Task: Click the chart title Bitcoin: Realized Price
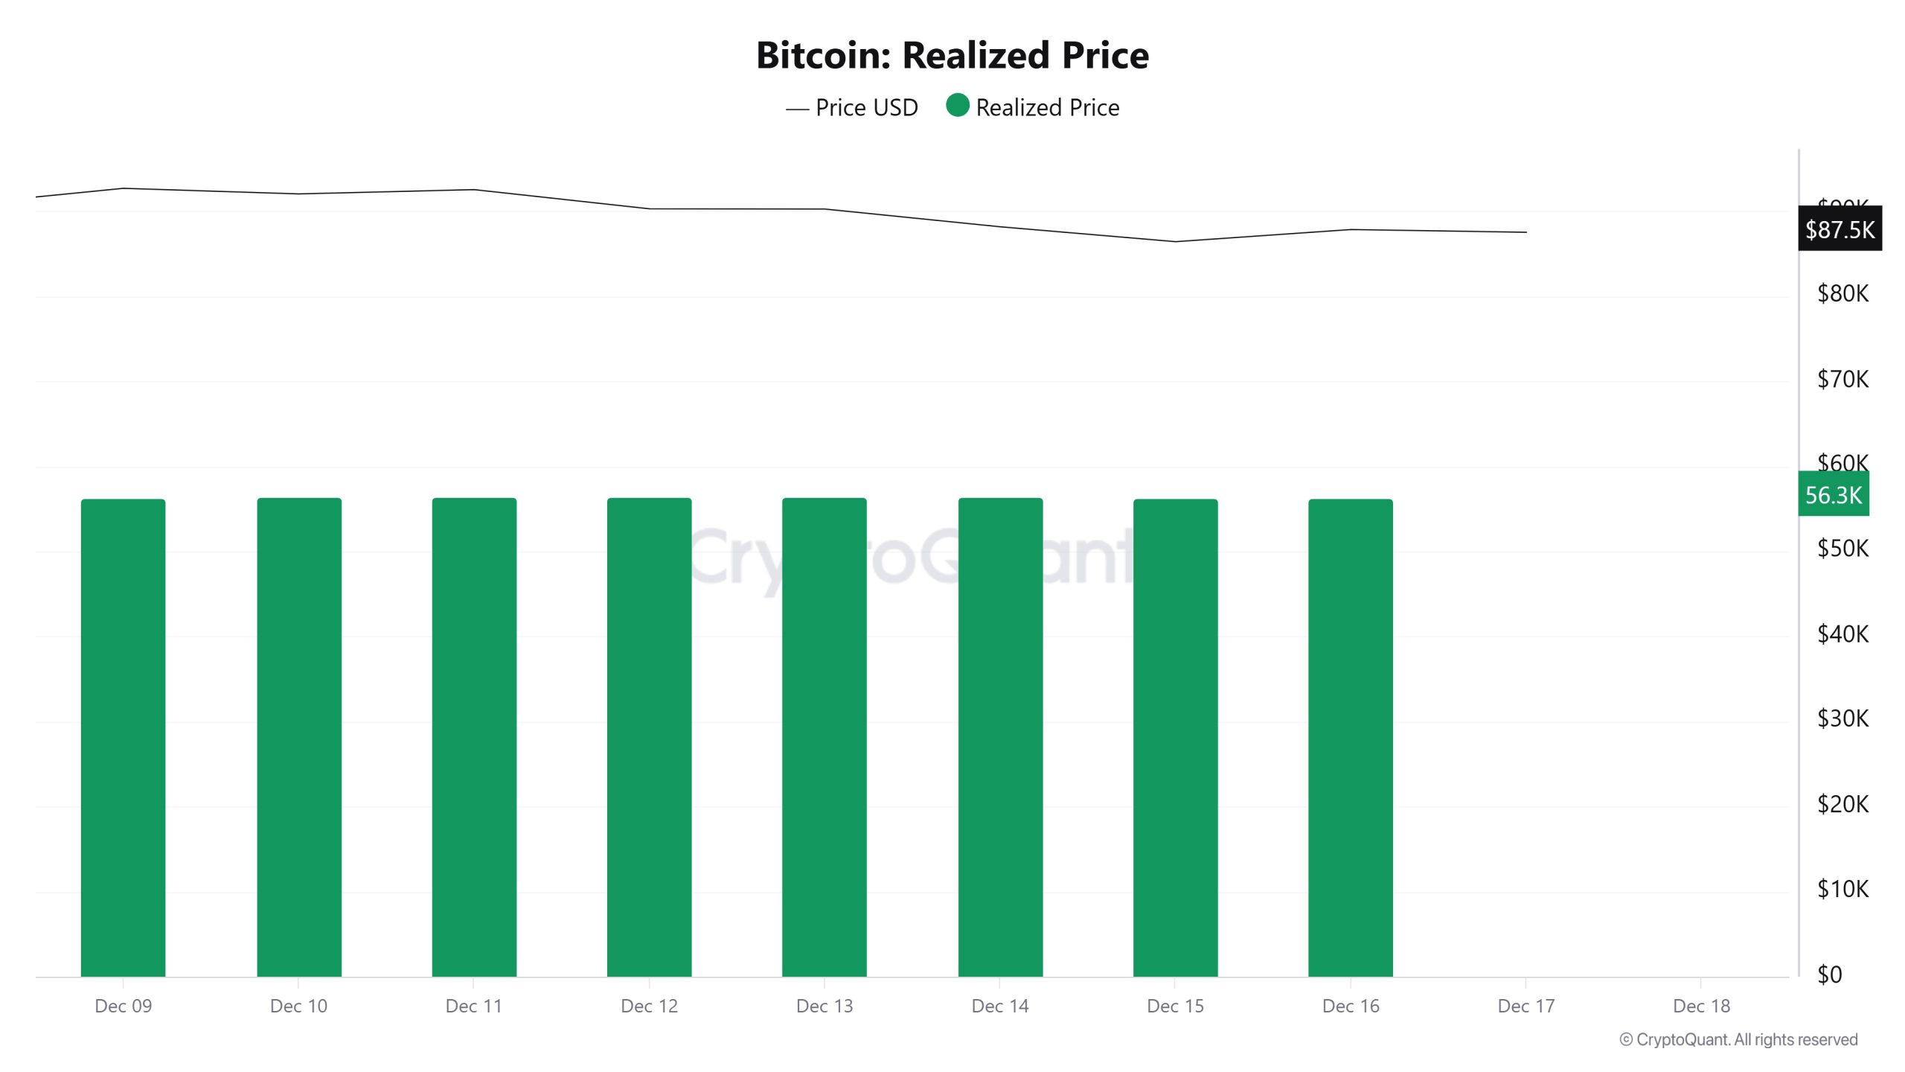pos(952,55)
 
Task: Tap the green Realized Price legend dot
pos(957,106)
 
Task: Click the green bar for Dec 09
pos(124,737)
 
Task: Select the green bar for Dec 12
pos(649,737)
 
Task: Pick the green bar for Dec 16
pos(1350,737)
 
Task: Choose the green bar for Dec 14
pos(1000,737)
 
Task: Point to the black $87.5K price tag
pos(1840,229)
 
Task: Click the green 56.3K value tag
pos(1833,494)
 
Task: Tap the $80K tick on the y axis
pos(1842,293)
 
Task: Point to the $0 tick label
pos(1830,974)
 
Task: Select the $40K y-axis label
pos(1842,634)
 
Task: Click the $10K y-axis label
pos(1842,889)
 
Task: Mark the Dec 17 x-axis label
pos(1525,1006)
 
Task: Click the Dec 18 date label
pos(1701,1006)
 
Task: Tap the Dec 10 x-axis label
pos(298,1006)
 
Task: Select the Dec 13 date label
pos(825,1006)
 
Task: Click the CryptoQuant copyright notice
pos(1738,1039)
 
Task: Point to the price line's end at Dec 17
pos(1525,232)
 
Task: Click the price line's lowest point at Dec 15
pos(1175,241)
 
